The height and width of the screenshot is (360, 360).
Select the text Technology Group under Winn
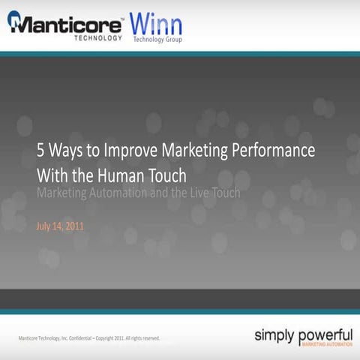pos(157,38)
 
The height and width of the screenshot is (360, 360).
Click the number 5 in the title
pos(41,149)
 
